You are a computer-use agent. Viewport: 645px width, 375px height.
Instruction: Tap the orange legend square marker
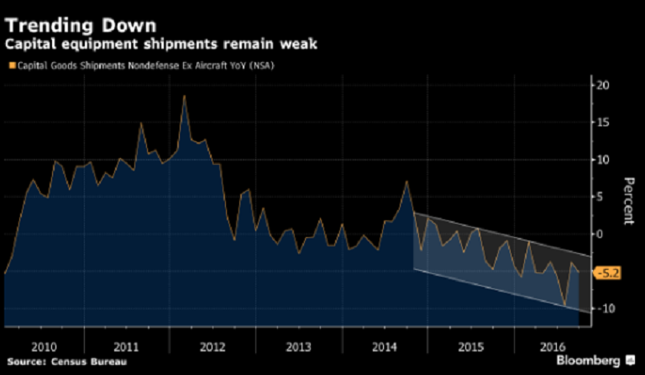[x=11, y=65]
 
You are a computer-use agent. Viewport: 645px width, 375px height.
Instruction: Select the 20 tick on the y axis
[x=601, y=86]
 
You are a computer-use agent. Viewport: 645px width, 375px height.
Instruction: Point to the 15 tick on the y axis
[x=601, y=123]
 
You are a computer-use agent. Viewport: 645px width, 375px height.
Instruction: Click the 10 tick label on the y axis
[x=601, y=160]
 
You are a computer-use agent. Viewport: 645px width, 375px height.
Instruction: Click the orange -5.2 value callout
[x=609, y=273]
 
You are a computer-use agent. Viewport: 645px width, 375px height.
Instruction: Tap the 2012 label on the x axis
[x=212, y=346]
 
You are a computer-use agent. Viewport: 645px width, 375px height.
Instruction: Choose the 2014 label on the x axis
[x=383, y=346]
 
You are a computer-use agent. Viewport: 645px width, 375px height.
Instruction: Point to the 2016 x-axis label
[x=553, y=346]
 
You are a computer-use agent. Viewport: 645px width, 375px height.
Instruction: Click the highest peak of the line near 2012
[x=184, y=96]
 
